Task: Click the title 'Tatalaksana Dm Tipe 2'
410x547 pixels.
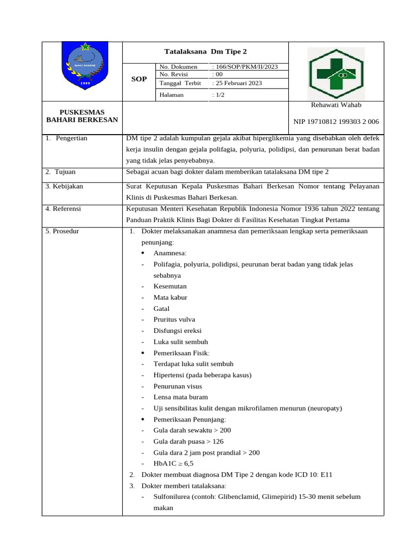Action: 206,51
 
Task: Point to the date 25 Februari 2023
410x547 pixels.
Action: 237,83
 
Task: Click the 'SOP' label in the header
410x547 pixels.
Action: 139,79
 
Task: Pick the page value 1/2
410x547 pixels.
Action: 218,95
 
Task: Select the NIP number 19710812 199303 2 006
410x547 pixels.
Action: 336,122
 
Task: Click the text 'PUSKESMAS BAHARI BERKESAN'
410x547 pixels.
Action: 82,116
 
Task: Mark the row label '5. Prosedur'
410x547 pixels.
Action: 62,231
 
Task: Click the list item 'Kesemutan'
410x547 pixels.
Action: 170,286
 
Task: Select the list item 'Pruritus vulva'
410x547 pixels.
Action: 174,319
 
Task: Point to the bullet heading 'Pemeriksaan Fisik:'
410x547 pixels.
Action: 182,353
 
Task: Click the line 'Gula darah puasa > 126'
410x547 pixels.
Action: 188,441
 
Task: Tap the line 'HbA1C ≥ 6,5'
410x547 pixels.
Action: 173,464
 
